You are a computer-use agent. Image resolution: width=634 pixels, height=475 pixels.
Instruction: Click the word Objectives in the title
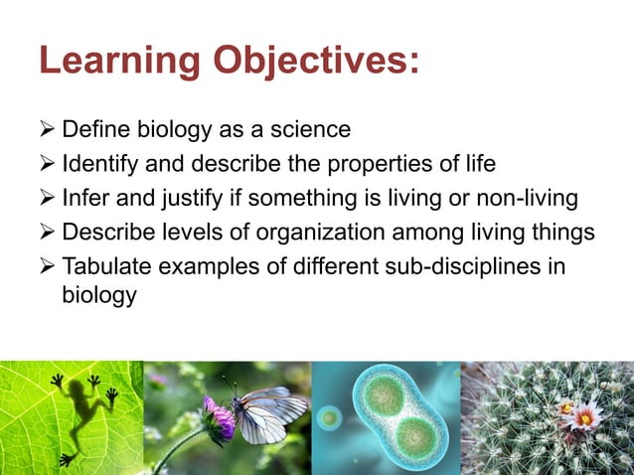point(307,62)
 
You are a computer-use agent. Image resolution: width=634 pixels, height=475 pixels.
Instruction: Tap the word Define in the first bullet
point(94,130)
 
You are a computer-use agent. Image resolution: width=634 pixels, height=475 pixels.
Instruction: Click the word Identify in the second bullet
point(100,164)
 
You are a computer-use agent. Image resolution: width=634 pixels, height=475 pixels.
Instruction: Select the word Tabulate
point(106,268)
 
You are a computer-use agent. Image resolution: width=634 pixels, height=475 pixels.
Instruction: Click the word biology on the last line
point(98,295)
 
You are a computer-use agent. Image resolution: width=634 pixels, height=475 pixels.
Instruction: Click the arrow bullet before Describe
point(47,234)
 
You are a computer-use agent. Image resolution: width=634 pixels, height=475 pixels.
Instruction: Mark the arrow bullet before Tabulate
point(47,268)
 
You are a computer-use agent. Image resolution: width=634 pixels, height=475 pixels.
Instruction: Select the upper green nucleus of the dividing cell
point(382,393)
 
